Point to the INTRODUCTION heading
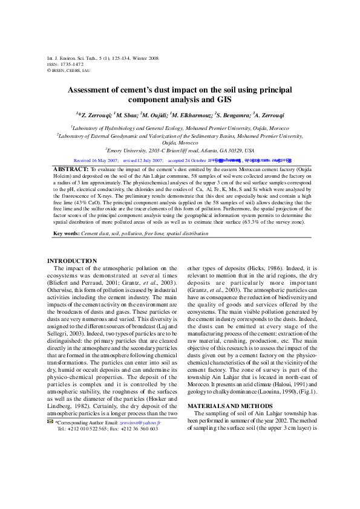click(x=72, y=261)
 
